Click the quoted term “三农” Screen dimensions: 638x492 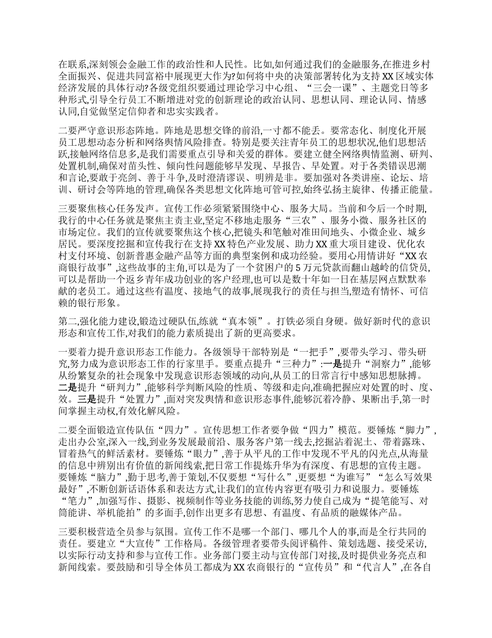pyautogui.click(x=270, y=221)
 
